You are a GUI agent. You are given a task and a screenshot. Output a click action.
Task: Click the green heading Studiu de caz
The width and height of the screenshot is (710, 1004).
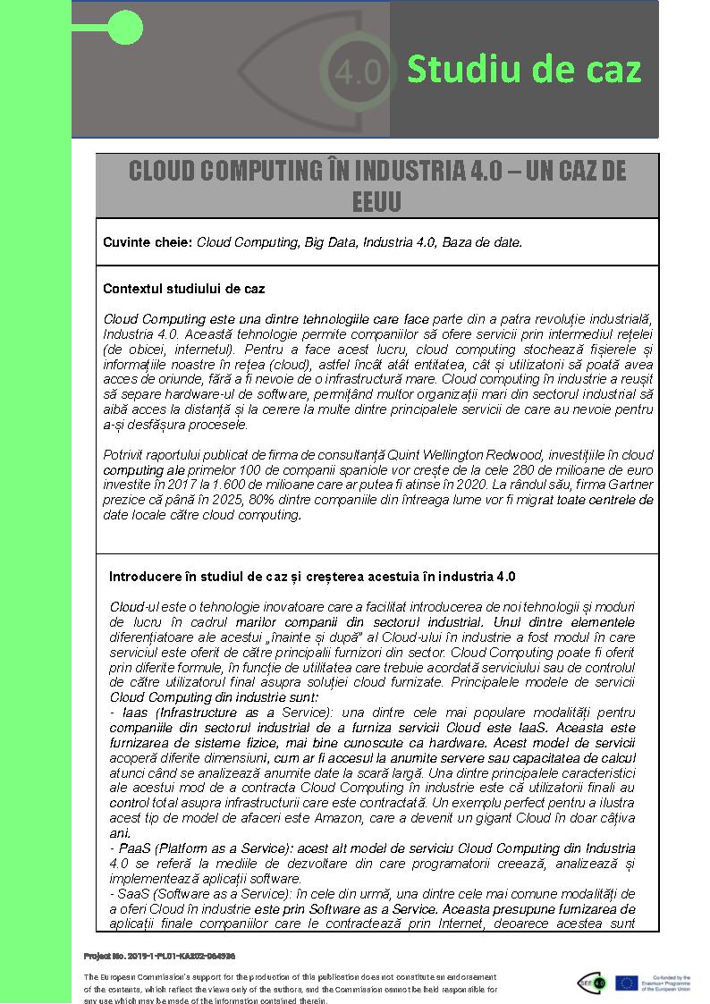click(x=524, y=69)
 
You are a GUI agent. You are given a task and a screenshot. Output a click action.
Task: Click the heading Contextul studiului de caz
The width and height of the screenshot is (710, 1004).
click(x=183, y=289)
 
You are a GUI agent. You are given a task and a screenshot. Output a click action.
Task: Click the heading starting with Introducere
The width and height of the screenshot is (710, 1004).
click(x=312, y=576)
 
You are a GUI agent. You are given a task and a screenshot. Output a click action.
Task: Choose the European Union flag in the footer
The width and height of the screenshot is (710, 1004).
click(x=626, y=983)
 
